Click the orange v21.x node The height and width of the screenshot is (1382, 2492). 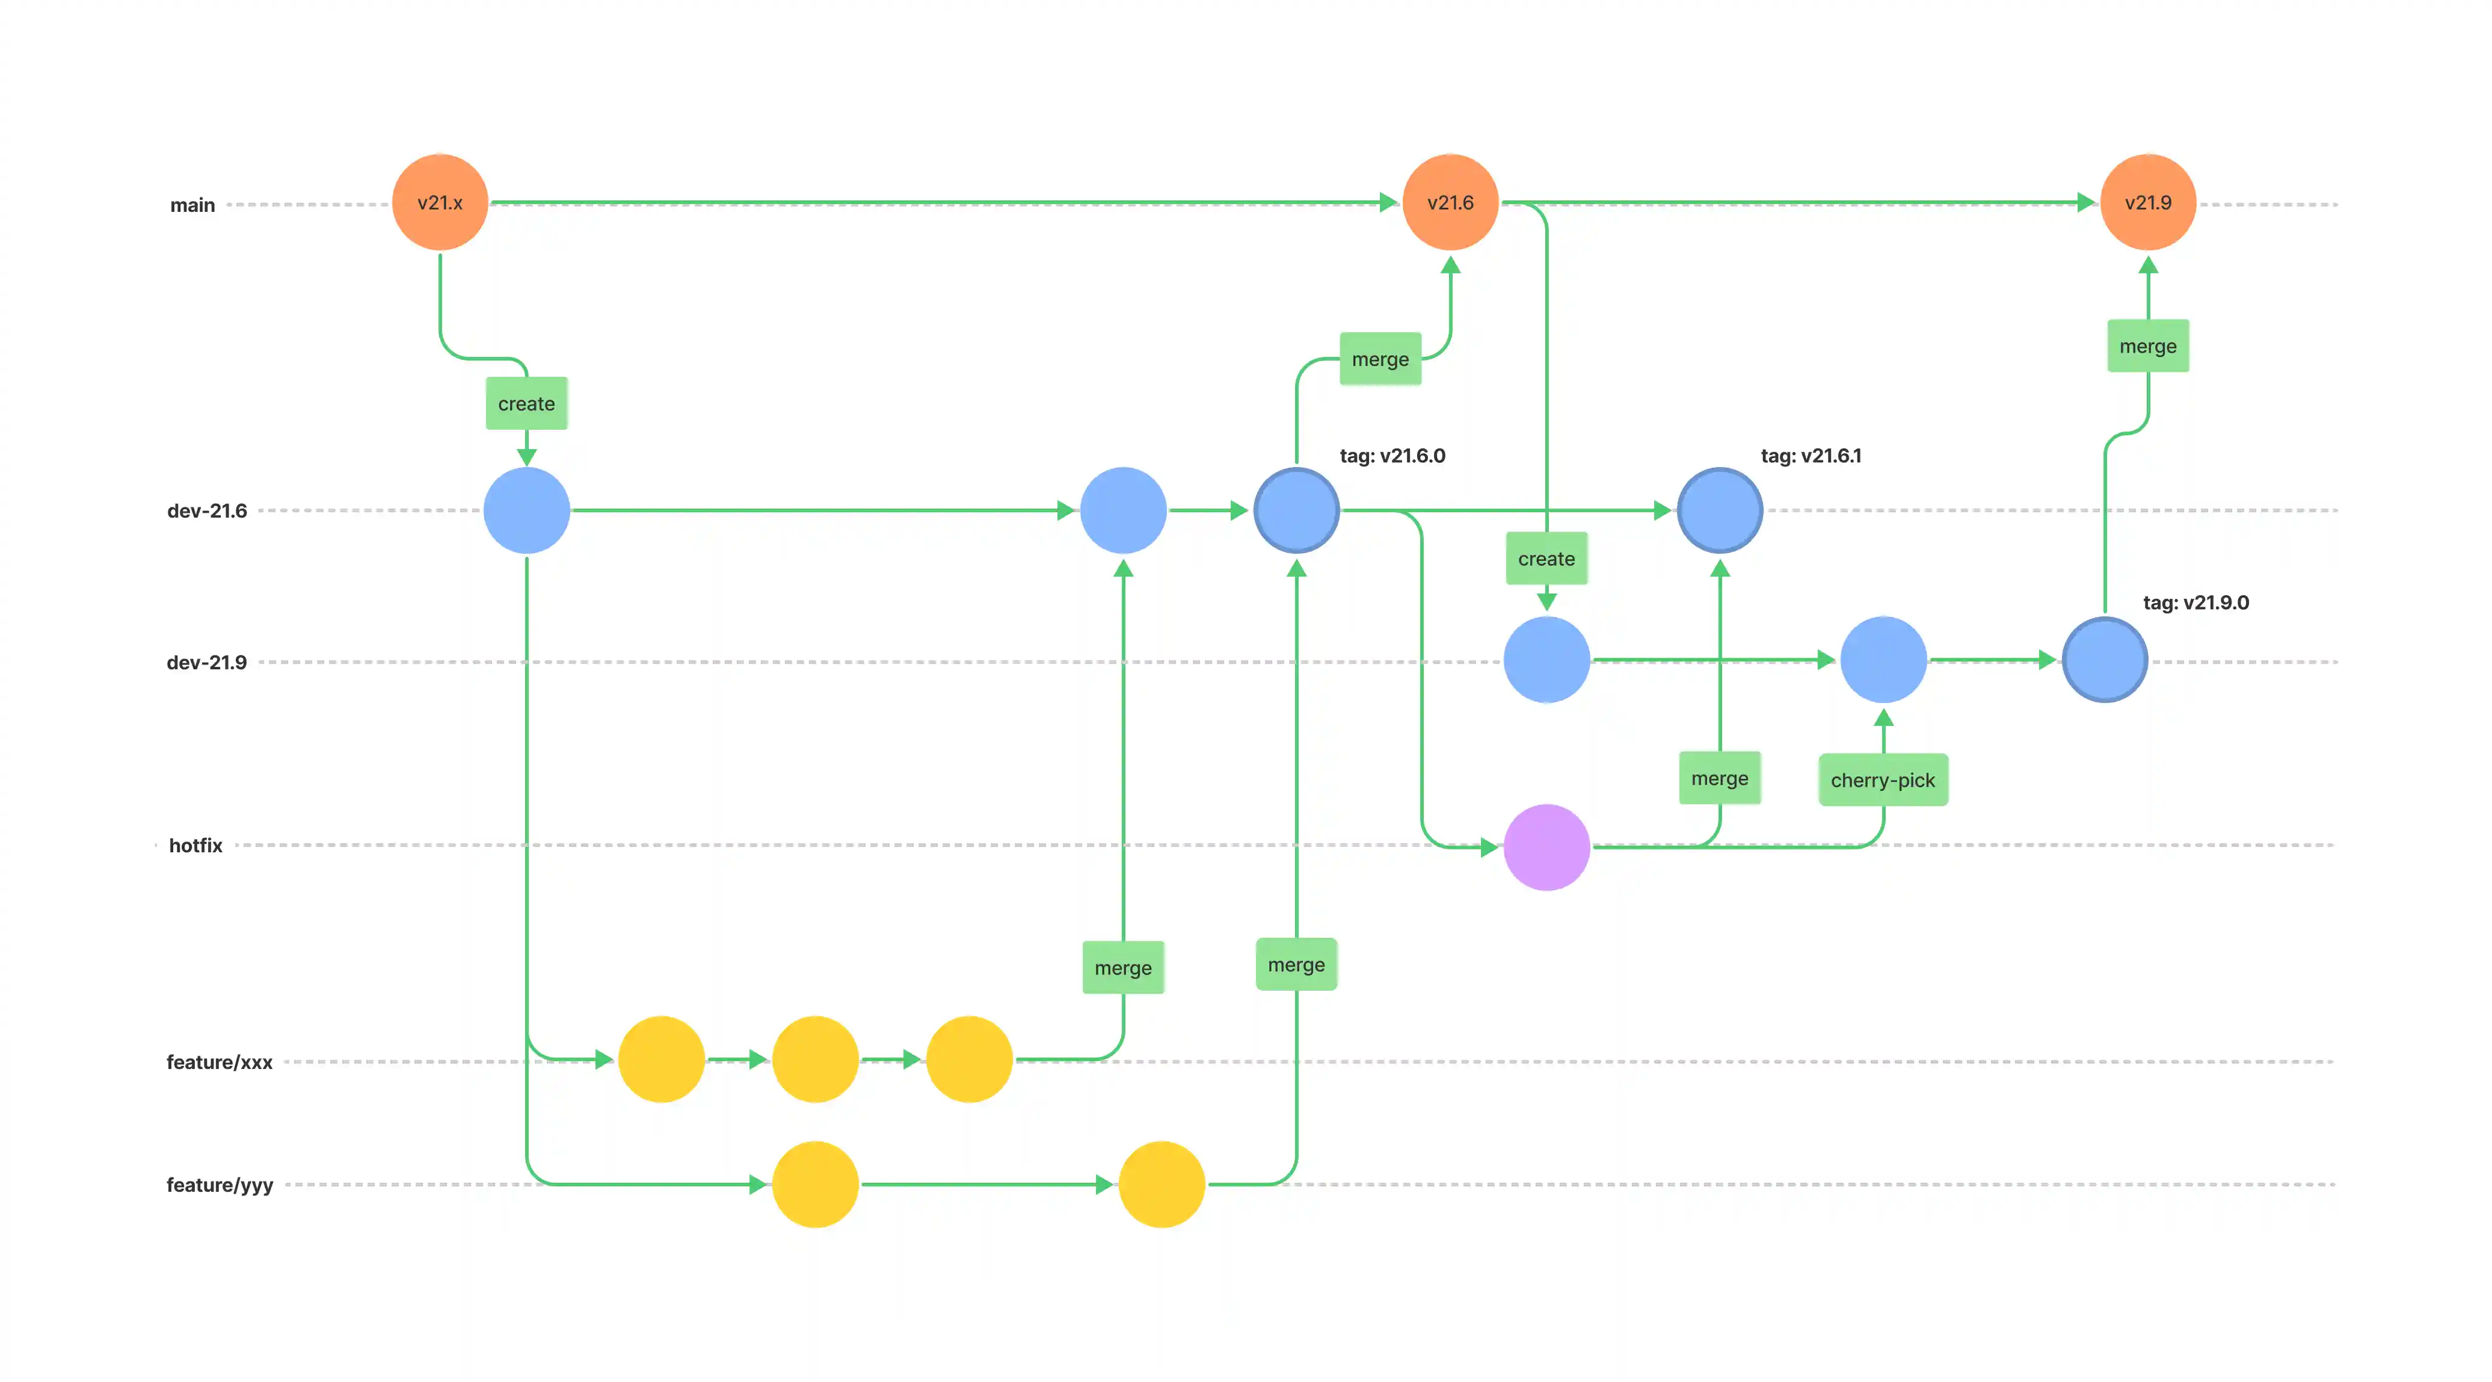click(x=440, y=202)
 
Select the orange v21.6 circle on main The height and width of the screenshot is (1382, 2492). click(x=1450, y=202)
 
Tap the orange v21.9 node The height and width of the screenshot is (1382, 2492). click(x=2147, y=202)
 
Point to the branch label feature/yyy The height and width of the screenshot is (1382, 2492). click(x=220, y=1185)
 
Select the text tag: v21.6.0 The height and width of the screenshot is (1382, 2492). click(x=1392, y=456)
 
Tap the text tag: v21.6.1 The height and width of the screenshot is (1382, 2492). click(x=1810, y=456)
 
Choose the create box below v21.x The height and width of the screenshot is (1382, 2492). click(x=526, y=403)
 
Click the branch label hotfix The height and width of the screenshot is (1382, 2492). click(x=195, y=846)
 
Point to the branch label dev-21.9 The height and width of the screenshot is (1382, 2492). click(x=207, y=663)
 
